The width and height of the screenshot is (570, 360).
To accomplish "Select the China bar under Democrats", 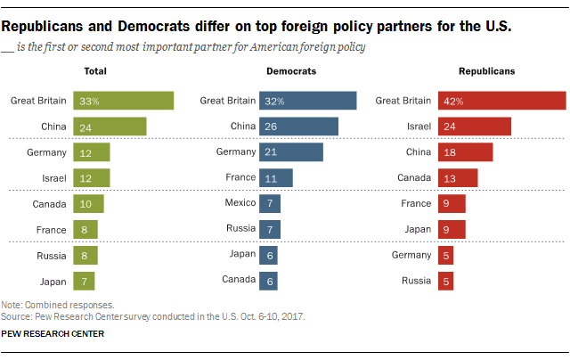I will click(298, 127).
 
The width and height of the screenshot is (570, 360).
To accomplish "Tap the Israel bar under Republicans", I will click(474, 127).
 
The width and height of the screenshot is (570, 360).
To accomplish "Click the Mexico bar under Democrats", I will click(270, 203).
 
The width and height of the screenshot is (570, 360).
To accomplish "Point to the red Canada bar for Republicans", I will click(458, 177).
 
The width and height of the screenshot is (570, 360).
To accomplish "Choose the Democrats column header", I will click(291, 70).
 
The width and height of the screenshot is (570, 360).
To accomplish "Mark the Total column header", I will click(95, 70).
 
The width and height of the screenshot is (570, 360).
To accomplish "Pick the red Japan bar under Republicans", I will click(452, 229).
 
